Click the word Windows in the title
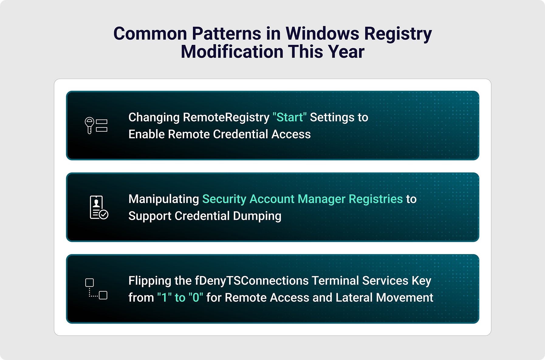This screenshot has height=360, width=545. click(322, 33)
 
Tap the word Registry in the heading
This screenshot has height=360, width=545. click(398, 34)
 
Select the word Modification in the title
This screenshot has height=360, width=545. click(232, 52)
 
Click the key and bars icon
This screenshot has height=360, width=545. click(96, 125)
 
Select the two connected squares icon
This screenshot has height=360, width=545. click(96, 289)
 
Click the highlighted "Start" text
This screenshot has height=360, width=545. click(290, 117)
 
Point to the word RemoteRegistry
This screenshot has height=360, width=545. click(226, 117)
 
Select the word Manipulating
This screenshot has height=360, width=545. click(163, 199)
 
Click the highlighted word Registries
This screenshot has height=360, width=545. click(375, 199)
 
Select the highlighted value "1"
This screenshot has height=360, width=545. click(164, 297)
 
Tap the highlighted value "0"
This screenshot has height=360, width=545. click(196, 297)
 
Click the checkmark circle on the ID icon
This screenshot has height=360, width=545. click(104, 215)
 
